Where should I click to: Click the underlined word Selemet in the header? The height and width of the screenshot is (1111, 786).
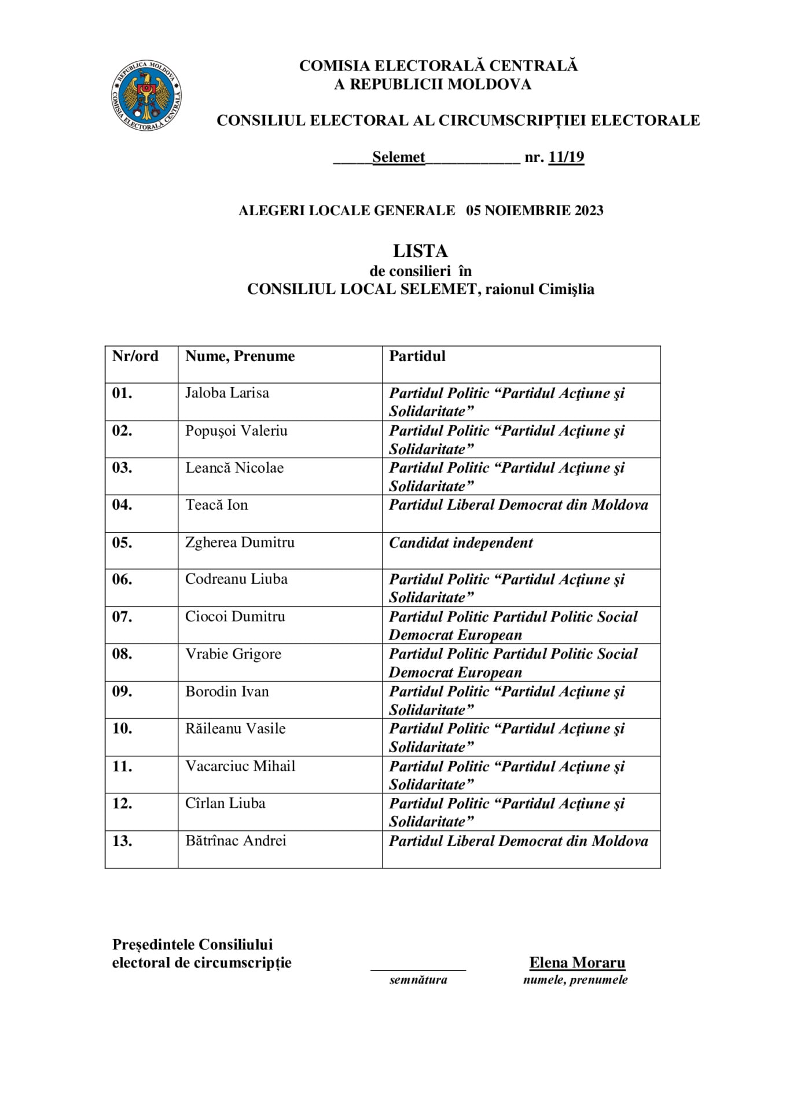[399, 157]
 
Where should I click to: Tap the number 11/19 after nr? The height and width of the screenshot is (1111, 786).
[566, 157]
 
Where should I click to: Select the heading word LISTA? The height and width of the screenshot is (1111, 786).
[420, 251]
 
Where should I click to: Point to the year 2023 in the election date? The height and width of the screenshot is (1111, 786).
[589, 211]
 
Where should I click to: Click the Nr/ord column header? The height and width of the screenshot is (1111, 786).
[135, 356]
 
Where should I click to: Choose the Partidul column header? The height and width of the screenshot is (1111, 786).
[417, 356]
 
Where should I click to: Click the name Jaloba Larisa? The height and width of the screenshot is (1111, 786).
[227, 393]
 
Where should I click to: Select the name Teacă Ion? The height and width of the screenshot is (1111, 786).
[216, 505]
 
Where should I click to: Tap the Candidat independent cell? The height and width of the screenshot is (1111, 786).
[461, 543]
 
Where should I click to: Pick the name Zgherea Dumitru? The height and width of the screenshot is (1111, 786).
[240, 542]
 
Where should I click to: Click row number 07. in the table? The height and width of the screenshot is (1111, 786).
[122, 617]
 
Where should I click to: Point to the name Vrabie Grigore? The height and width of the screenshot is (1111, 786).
[233, 654]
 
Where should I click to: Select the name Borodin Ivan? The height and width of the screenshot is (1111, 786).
[227, 691]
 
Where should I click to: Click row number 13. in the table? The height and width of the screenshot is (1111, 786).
[122, 841]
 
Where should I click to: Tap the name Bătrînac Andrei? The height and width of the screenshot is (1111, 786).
[236, 841]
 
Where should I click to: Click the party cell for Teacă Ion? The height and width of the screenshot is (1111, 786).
[519, 505]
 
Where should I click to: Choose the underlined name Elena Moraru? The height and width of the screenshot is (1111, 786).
[577, 963]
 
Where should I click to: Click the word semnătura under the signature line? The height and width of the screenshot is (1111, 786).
[418, 980]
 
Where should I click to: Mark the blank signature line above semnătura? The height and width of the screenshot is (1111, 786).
[418, 969]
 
